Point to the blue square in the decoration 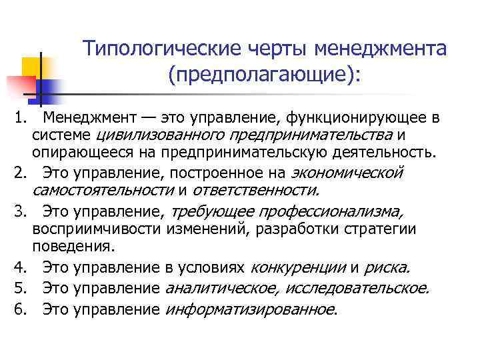tap(47, 88)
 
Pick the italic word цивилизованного tap(145, 135)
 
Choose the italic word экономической tap(347, 173)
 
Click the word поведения tap(73, 245)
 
